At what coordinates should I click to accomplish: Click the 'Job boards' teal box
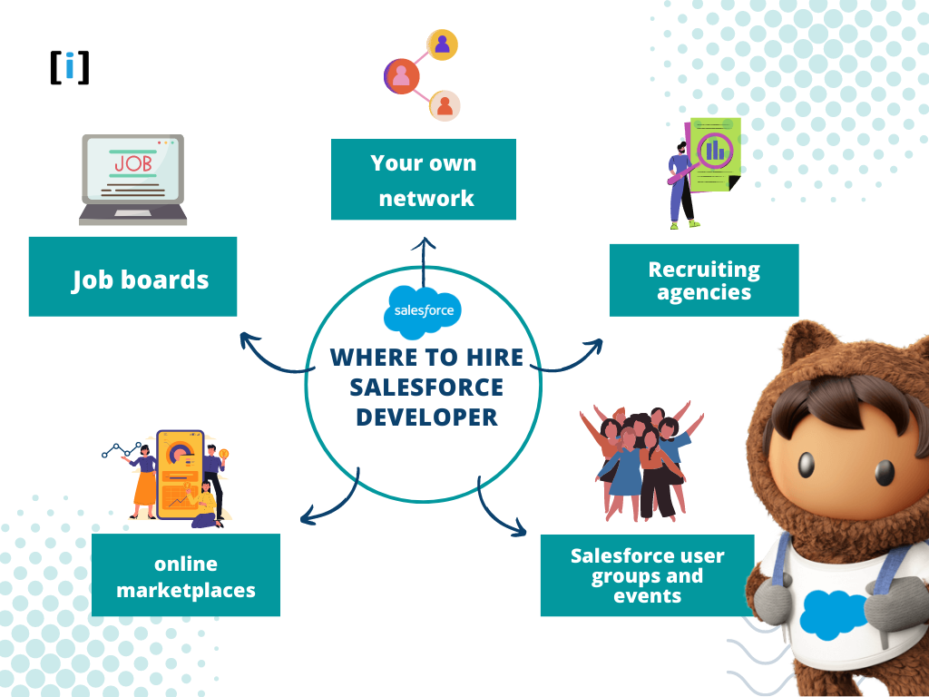pyautogui.click(x=132, y=277)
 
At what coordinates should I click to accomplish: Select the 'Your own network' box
pyautogui.click(x=424, y=180)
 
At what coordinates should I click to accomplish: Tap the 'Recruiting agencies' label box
pyautogui.click(x=704, y=280)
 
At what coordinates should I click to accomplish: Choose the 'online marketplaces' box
pyautogui.click(x=186, y=575)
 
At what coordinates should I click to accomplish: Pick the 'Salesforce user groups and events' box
pyautogui.click(x=647, y=575)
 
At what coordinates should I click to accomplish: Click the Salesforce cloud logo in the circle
pyautogui.click(x=423, y=311)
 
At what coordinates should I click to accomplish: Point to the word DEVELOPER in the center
pyautogui.click(x=426, y=417)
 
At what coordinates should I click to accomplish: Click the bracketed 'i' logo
pyautogui.click(x=70, y=68)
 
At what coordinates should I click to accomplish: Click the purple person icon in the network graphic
pyautogui.click(x=442, y=44)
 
